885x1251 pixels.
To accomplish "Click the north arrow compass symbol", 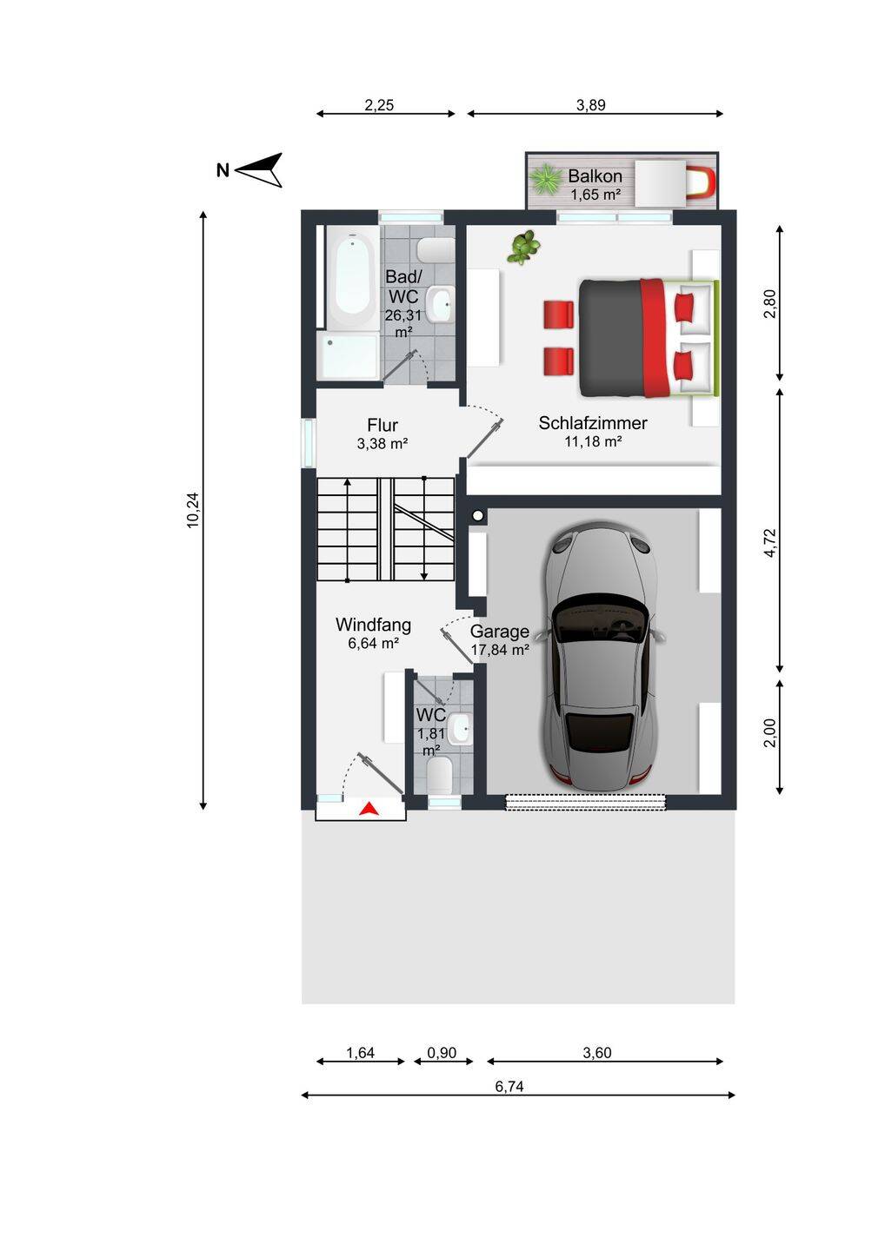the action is click(259, 169).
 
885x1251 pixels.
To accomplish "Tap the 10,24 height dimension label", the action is click(193, 510).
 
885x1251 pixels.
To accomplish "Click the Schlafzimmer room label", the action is click(593, 423).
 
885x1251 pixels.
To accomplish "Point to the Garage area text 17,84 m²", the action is click(500, 650).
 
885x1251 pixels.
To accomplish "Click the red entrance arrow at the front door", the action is click(369, 809).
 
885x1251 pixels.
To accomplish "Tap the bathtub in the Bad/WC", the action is click(353, 281).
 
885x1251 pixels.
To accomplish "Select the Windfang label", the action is click(373, 625).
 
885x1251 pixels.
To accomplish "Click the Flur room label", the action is click(383, 425).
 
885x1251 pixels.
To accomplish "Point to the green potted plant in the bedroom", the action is click(524, 247).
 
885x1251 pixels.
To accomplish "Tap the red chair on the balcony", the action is click(701, 182).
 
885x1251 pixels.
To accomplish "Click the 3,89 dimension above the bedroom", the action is click(591, 105).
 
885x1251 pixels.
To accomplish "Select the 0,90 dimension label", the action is click(442, 1053).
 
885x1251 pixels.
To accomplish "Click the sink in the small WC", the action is click(462, 728).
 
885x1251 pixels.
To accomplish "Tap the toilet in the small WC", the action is click(439, 775).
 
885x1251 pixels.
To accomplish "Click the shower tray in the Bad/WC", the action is click(349, 356).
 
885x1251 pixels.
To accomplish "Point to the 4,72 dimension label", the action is click(770, 542).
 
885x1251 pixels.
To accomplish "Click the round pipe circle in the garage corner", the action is click(477, 517).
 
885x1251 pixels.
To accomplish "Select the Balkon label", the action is click(595, 175).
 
